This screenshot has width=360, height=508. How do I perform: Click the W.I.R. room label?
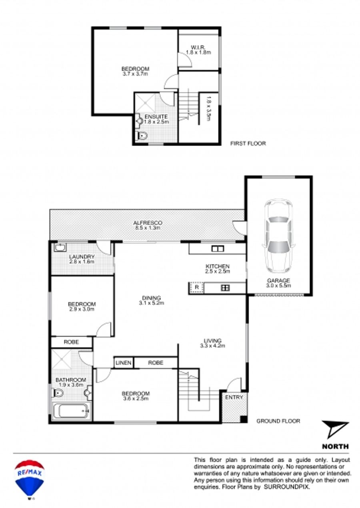[x=198, y=47]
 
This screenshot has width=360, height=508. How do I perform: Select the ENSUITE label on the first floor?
[x=156, y=116]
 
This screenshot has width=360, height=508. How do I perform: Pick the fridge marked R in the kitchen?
[x=197, y=288]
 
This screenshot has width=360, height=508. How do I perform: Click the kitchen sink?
[x=218, y=248]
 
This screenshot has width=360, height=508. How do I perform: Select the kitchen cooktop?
[x=225, y=288]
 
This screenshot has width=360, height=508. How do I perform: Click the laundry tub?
[x=60, y=248]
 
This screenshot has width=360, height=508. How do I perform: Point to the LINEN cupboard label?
[x=124, y=363]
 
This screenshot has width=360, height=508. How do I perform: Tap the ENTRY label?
[x=234, y=397]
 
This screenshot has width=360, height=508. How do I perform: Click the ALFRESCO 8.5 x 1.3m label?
[x=148, y=225]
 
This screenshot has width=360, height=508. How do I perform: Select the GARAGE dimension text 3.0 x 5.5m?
[x=278, y=286]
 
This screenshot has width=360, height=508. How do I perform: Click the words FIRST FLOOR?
[x=248, y=144]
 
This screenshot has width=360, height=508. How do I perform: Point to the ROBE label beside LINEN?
[x=156, y=363]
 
